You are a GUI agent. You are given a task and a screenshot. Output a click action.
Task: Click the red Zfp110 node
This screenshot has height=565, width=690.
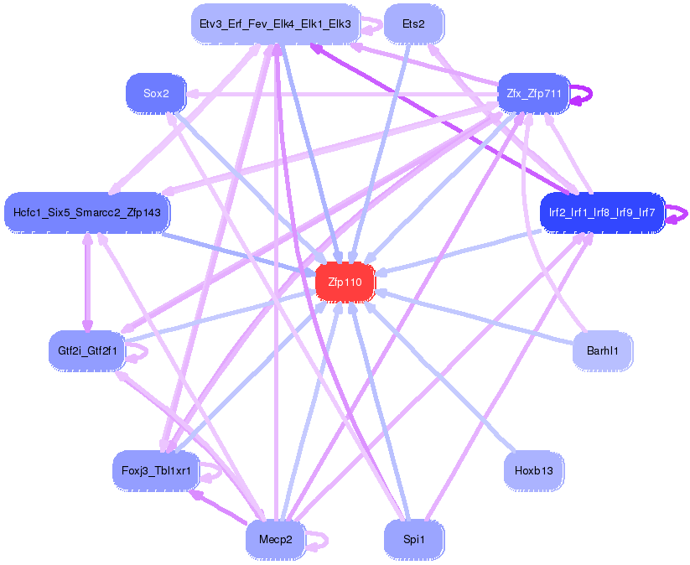tap(345, 283)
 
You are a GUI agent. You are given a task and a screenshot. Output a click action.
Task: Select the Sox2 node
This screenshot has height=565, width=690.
tap(156, 94)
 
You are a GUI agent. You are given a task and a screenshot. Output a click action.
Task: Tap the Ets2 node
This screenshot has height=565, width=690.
tap(413, 23)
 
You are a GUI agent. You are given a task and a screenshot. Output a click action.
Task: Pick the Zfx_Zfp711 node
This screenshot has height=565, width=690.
tap(534, 93)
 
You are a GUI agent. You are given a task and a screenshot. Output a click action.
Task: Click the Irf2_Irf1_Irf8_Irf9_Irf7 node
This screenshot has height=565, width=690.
tap(602, 212)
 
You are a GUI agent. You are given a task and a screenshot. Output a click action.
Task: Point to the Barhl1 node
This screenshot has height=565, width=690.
tap(602, 351)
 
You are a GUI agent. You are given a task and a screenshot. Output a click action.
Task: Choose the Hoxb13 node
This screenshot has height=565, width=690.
tap(533, 471)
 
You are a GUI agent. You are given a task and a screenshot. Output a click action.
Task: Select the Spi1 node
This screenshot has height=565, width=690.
tap(413, 540)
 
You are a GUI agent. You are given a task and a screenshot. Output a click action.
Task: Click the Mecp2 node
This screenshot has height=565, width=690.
tap(276, 540)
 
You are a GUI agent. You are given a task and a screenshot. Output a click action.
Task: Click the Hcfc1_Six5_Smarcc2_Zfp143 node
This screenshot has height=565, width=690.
tap(87, 212)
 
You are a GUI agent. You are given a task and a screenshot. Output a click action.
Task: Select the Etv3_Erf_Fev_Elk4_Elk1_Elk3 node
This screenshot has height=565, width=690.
tap(276, 23)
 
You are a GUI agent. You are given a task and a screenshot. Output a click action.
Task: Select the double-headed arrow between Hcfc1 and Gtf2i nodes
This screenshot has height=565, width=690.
tap(86, 282)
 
